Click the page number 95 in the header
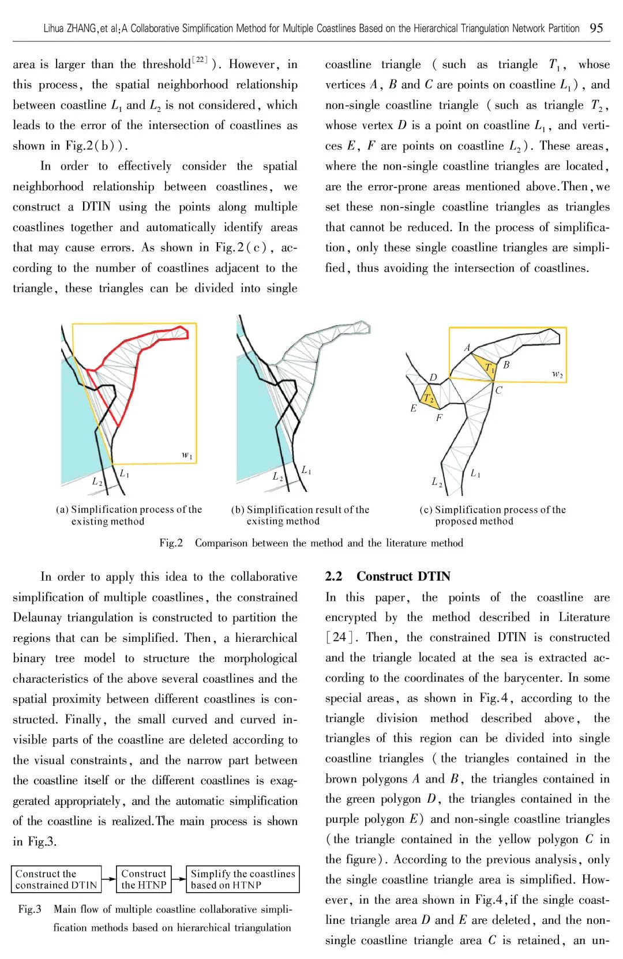(x=596, y=28)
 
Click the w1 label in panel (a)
(x=187, y=456)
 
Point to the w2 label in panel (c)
(x=557, y=374)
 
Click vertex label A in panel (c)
(x=467, y=348)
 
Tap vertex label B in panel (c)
(x=506, y=364)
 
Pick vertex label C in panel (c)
(x=498, y=390)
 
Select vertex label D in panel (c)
(x=433, y=378)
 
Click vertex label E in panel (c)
(x=413, y=408)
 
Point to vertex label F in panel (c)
(x=439, y=418)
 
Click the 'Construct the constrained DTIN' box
(x=57, y=879)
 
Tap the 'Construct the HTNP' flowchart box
(x=144, y=879)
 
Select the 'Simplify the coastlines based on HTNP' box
(x=243, y=879)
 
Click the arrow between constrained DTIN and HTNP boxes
(x=108, y=879)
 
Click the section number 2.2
(x=333, y=576)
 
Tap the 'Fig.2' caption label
(x=171, y=543)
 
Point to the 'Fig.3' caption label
(x=29, y=909)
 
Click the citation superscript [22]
(x=199, y=59)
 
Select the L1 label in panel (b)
(x=306, y=470)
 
